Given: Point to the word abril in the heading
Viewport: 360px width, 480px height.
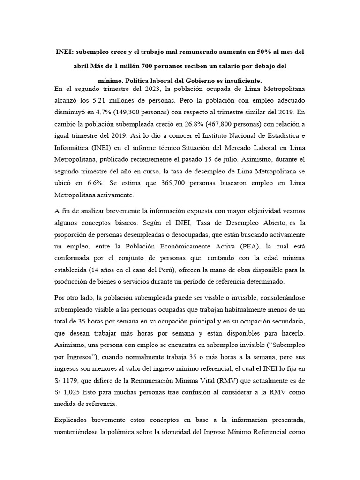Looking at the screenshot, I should click(82, 66).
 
